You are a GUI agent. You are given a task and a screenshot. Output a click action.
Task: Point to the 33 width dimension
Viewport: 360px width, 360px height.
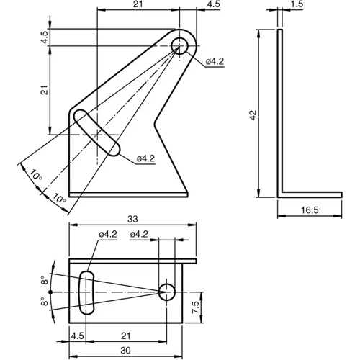132,218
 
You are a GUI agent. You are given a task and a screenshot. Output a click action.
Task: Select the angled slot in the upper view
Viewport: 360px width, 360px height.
100,132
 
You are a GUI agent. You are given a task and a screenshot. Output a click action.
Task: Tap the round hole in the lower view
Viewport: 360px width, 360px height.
167,292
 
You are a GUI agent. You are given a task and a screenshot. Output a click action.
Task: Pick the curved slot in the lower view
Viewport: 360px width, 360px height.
86,292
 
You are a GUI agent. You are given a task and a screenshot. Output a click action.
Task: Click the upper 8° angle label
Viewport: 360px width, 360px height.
44,279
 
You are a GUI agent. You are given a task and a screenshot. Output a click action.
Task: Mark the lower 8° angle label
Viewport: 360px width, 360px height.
44,303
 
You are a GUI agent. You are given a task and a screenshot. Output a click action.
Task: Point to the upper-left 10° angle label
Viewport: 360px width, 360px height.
35,174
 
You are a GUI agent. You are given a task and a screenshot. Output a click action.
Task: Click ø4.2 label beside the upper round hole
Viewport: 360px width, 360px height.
215,63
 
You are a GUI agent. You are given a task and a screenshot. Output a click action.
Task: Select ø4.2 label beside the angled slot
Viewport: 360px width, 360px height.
145,158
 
